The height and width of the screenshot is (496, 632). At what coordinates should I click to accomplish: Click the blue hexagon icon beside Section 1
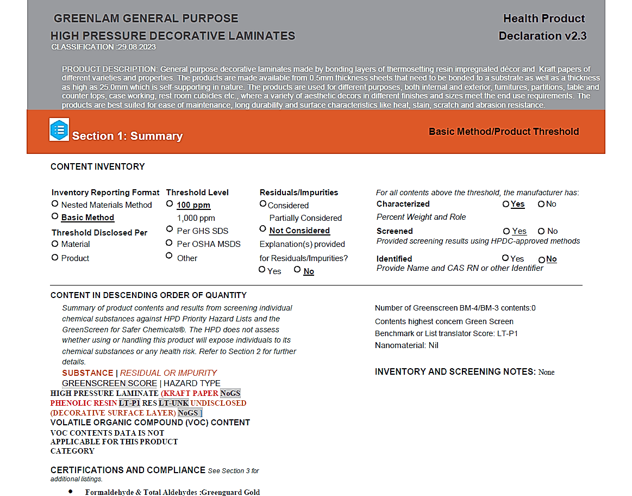tap(59, 129)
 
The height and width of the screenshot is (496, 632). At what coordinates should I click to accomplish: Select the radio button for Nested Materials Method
tap(55, 203)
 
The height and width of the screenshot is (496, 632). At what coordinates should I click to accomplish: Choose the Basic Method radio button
tap(55, 216)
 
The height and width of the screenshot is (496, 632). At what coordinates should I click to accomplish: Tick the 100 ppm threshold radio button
tap(170, 203)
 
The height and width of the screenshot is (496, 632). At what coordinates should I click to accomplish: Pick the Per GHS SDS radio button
tap(170, 230)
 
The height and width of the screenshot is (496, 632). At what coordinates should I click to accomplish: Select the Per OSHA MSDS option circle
tap(170, 243)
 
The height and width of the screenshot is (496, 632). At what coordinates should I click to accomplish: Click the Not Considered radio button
tap(263, 229)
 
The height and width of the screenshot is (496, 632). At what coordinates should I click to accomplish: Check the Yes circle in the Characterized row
tap(506, 204)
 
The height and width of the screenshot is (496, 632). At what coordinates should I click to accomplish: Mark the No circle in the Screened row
tap(541, 231)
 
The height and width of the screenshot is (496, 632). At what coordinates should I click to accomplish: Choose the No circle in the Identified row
tap(541, 259)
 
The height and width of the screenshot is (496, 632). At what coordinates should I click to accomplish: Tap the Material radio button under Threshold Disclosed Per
tap(55, 244)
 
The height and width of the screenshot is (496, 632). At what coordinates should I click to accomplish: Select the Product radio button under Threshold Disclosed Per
tap(55, 257)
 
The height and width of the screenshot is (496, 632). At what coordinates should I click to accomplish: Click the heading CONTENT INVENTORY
tap(98, 167)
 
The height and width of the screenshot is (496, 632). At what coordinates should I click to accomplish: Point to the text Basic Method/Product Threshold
tap(504, 132)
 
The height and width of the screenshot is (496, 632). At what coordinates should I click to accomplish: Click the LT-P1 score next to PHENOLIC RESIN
tap(129, 403)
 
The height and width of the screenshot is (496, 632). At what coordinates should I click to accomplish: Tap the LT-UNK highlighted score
tap(173, 403)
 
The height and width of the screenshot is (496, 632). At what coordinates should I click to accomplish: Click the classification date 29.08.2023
tap(136, 47)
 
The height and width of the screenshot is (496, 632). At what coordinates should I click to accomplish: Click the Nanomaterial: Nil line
tap(406, 345)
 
